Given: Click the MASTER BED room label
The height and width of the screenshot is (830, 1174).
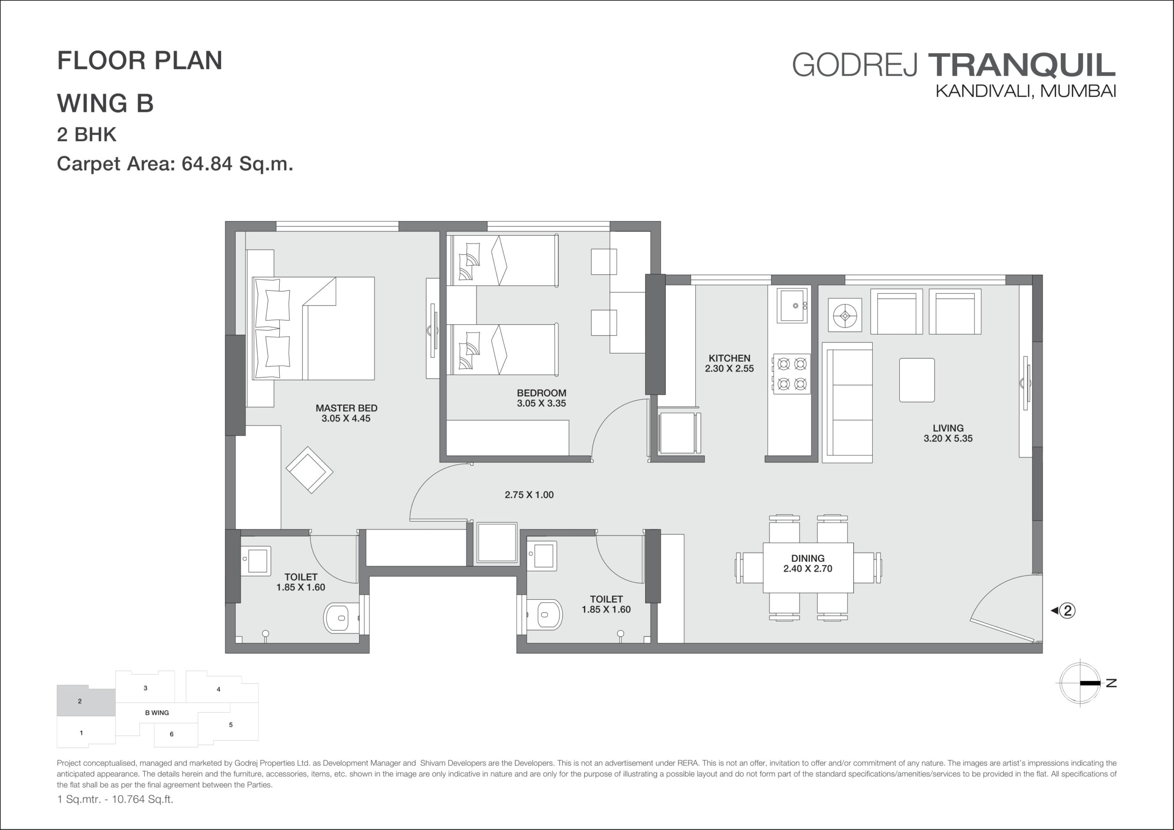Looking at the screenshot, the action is [x=346, y=408].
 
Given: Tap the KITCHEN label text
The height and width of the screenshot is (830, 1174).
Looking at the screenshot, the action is [x=729, y=359].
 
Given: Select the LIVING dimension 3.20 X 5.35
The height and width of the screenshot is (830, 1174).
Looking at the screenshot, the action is [x=948, y=438].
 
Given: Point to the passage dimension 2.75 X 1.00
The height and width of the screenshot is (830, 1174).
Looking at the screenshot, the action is [x=529, y=494].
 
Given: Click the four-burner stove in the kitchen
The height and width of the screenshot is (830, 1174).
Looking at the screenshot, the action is [x=792, y=374].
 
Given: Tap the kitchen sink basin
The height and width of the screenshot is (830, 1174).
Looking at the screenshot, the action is [x=792, y=306].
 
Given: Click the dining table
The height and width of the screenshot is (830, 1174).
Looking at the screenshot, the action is [x=808, y=568].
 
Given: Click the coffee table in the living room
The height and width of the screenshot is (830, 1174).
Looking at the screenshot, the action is [x=917, y=380].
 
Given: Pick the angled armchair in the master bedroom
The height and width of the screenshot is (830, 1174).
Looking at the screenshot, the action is [x=310, y=470].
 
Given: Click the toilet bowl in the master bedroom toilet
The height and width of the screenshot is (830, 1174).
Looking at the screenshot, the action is [x=342, y=618].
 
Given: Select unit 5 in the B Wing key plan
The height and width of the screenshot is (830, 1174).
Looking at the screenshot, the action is [x=231, y=725].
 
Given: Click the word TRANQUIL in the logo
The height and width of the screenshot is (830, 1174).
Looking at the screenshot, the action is [x=1022, y=65].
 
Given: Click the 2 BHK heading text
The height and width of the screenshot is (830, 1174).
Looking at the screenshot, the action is [x=86, y=134].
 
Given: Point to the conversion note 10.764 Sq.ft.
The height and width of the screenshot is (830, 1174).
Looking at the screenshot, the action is [x=143, y=799].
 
